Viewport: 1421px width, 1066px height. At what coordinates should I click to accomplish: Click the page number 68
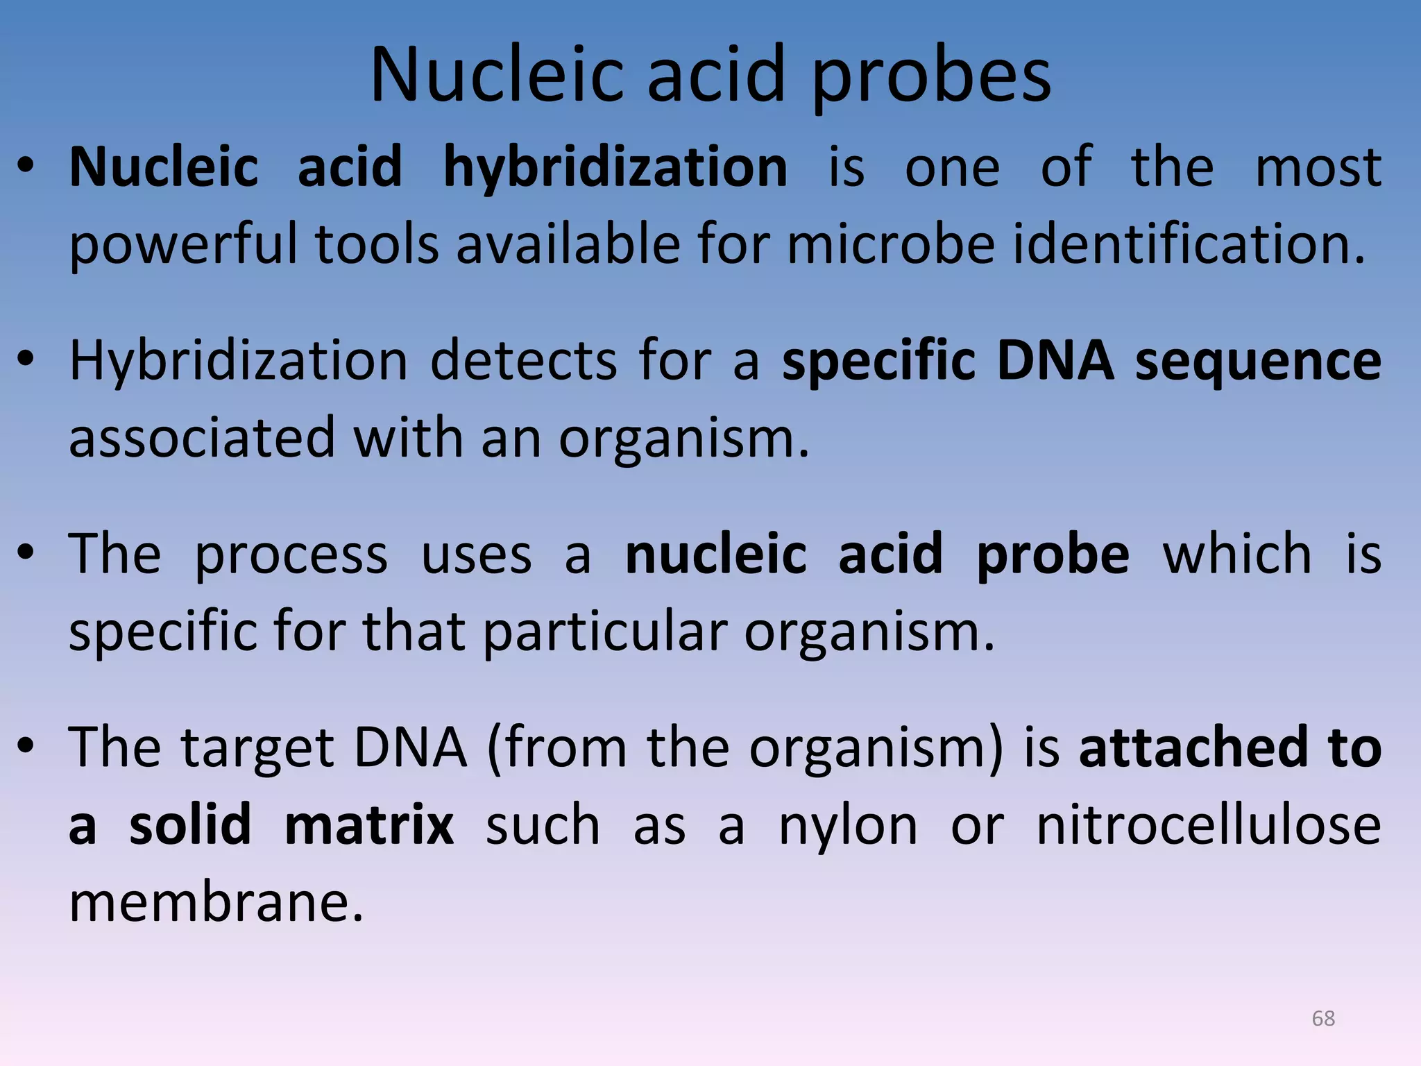coord(1323,1018)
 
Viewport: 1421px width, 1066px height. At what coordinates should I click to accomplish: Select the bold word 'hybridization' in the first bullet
coord(615,167)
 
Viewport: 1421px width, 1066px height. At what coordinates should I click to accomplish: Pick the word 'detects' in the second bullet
coord(524,361)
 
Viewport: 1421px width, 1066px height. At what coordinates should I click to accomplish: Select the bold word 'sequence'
coord(1258,361)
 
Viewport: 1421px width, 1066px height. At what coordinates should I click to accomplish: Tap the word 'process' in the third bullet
coord(291,555)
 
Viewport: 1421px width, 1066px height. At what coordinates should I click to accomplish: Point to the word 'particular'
coord(604,632)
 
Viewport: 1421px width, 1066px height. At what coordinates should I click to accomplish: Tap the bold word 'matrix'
coord(369,825)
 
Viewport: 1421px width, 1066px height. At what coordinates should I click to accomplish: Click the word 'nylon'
coord(848,826)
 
